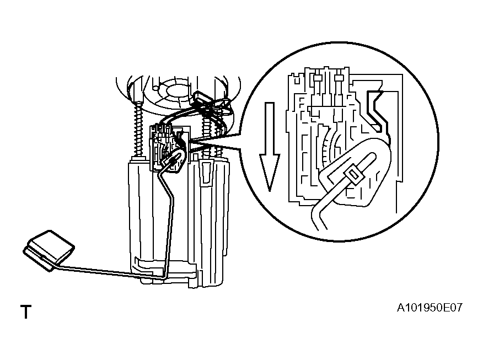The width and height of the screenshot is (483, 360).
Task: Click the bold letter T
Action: click(26, 311)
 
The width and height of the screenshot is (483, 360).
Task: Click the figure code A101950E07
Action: click(430, 308)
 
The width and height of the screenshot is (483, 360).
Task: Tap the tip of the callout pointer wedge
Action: click(190, 141)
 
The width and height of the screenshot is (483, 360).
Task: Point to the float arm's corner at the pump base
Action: click(164, 276)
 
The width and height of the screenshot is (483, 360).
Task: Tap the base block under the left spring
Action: click(138, 159)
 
